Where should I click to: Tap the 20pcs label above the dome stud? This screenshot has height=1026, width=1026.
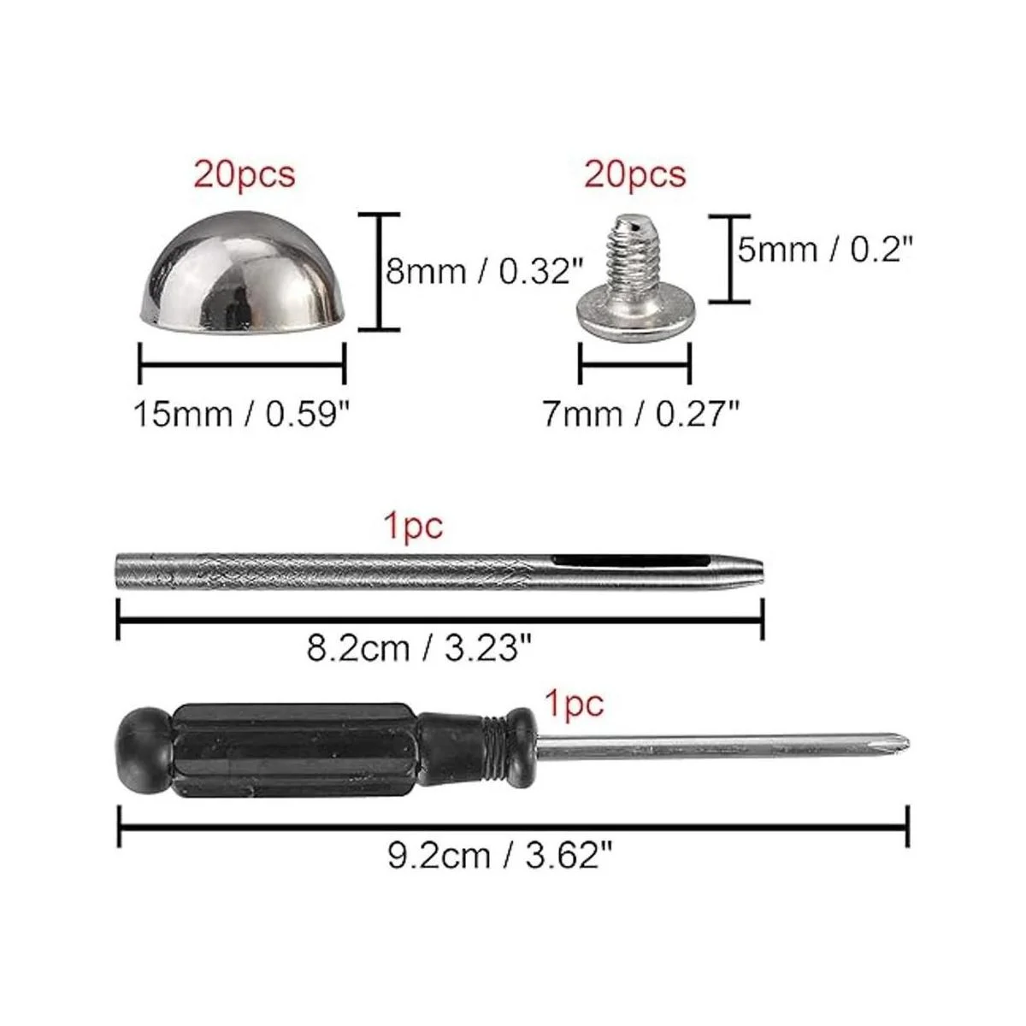coord(245,174)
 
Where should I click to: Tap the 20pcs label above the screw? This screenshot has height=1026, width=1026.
coord(634,174)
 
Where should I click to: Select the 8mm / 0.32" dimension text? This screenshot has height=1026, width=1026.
coord(485,272)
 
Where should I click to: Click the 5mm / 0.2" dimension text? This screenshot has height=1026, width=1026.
coord(825,249)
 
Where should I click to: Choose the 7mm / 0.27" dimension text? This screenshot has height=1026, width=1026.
coord(641,414)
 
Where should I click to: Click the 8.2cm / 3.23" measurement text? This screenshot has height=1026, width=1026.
coord(419,648)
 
